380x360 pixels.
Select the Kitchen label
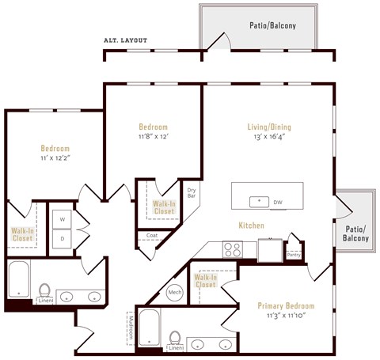coord(251,225)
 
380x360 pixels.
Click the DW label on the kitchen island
coord(278,203)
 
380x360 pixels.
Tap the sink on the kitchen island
coord(258,202)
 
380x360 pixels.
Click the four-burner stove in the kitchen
coord(232,250)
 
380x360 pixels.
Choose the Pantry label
coord(293,254)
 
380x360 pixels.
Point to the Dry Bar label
coord(192,191)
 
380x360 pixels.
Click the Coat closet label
coord(151,235)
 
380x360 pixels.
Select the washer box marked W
coord(63,218)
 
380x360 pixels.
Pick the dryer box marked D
coord(63,238)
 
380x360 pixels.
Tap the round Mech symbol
coord(176,293)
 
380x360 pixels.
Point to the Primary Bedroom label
coord(286,305)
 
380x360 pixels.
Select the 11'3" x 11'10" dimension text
coord(286,316)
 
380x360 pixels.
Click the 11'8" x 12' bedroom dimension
coord(154,137)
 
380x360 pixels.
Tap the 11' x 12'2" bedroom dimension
coord(55,158)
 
